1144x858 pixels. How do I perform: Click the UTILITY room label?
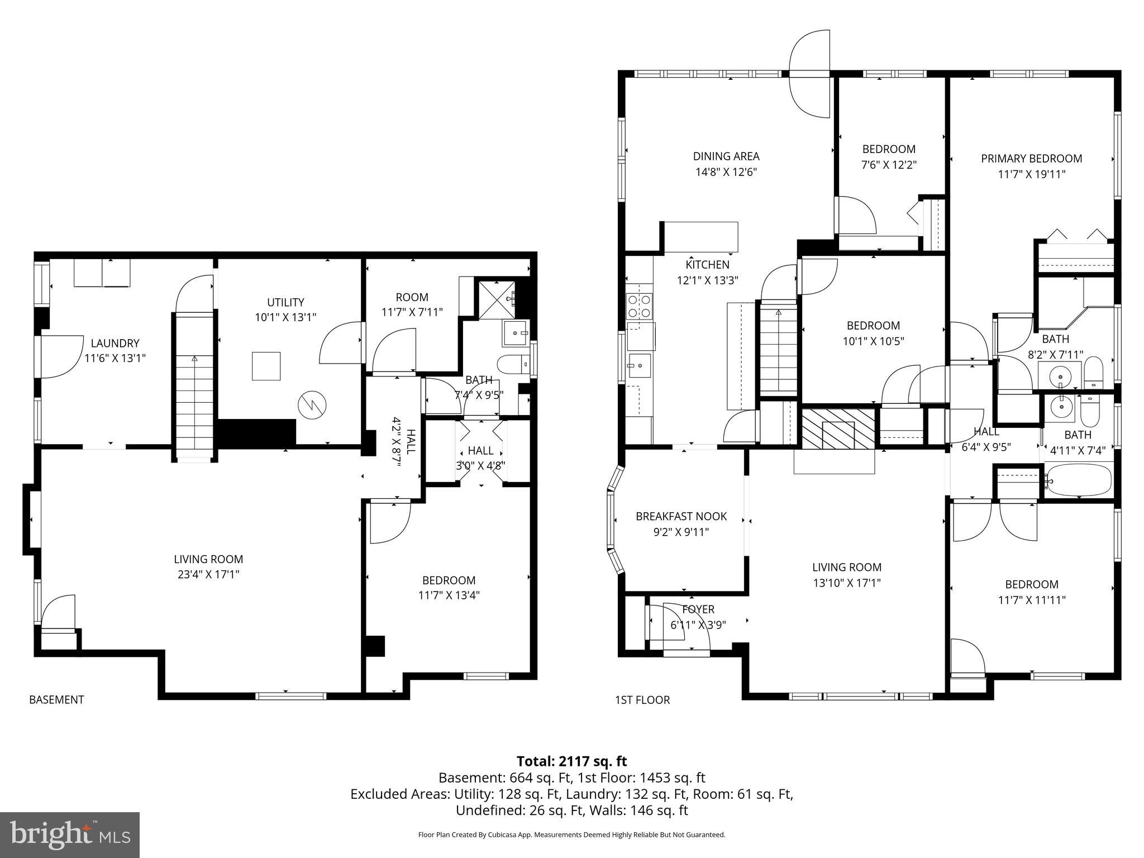tap(285, 302)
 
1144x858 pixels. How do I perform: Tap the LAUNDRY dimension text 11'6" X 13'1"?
tap(115, 358)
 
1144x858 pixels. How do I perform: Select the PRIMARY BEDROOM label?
tap(1031, 159)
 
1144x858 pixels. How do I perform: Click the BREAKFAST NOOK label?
tap(681, 516)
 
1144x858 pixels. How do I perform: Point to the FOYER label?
tap(698, 609)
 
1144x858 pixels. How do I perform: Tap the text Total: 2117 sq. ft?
tap(571, 761)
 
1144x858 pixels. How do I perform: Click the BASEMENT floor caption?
tap(56, 699)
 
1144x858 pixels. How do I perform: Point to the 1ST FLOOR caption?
tap(642, 699)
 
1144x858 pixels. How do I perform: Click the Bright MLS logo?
tap(70, 835)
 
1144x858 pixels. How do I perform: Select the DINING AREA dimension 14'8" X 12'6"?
tap(726, 172)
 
